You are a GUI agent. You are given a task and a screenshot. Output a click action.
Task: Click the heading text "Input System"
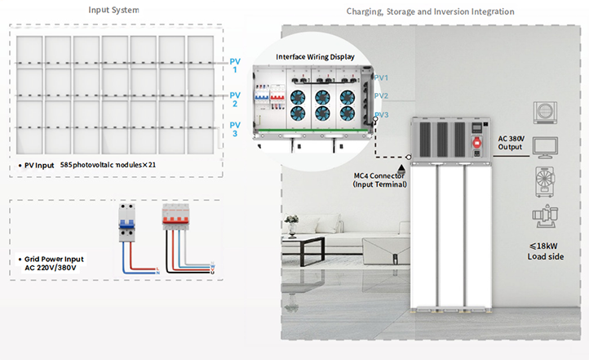point(113,11)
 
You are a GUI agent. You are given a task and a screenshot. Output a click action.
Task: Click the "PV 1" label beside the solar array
point(234,65)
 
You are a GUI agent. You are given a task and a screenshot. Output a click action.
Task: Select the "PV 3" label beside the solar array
point(234,128)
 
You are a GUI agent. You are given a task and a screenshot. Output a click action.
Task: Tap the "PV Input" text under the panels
point(39,165)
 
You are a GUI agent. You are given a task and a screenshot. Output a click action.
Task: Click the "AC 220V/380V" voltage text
point(50,269)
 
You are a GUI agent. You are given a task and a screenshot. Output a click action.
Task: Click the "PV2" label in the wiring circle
point(381,96)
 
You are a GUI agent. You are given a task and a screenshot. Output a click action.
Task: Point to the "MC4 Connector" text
point(379,176)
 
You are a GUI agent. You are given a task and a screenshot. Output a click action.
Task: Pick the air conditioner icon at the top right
point(545,112)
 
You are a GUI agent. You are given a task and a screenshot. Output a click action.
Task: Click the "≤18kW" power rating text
point(542,247)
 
